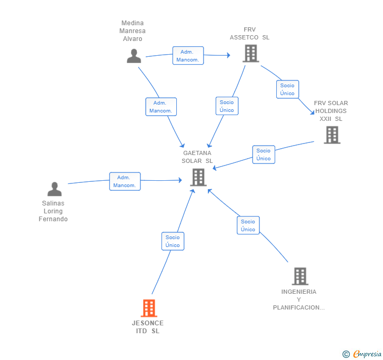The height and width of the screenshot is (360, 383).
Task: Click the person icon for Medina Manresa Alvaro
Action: (134, 56)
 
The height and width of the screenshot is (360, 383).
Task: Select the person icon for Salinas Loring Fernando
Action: (55, 189)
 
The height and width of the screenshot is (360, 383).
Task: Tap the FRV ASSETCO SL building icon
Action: (251, 54)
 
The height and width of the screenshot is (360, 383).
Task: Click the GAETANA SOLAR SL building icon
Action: (198, 178)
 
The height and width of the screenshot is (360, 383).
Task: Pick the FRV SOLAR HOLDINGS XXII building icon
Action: (332, 135)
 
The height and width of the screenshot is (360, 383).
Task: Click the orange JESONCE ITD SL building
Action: (149, 308)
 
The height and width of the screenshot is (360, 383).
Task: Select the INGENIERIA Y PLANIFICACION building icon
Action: (300, 276)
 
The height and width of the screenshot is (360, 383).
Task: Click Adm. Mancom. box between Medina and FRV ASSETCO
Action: (188, 56)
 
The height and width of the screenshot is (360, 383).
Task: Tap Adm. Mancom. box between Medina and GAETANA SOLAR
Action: (161, 107)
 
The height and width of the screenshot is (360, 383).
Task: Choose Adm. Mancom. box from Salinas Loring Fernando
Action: (125, 181)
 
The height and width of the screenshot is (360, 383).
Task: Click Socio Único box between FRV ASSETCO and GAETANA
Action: (227, 106)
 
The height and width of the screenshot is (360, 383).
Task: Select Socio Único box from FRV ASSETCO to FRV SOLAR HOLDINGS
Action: (287, 89)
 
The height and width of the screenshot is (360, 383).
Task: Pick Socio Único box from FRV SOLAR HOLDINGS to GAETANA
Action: (264, 155)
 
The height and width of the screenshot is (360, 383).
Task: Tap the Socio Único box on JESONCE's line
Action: (173, 241)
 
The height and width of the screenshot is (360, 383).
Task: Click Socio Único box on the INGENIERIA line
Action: (248, 225)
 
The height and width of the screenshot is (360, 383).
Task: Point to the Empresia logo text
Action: (367, 354)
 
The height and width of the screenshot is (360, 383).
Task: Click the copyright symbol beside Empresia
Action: (346, 354)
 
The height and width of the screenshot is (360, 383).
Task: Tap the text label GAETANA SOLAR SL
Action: (197, 157)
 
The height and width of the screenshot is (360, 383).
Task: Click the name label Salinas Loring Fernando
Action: (53, 211)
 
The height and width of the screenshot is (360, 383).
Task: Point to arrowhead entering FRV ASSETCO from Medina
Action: (228, 55)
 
